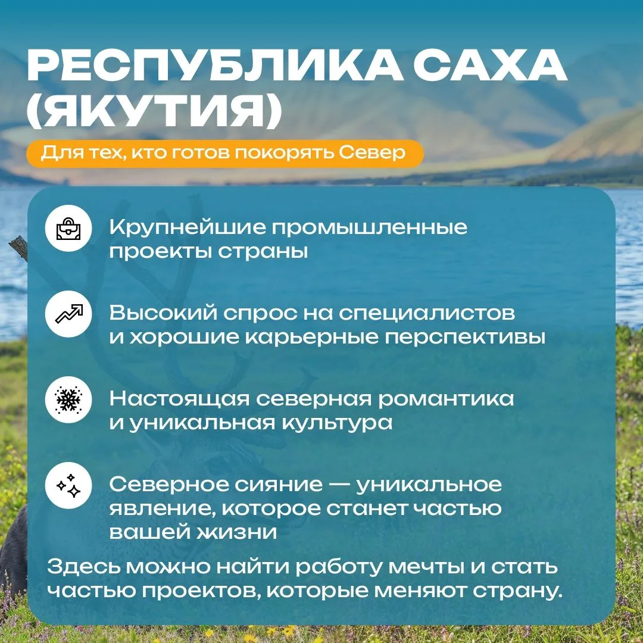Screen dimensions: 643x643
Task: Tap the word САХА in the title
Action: (x=491, y=65)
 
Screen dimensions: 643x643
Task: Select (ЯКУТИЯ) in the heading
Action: (x=154, y=111)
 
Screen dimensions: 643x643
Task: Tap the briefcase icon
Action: (x=68, y=228)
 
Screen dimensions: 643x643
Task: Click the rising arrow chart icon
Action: (x=68, y=314)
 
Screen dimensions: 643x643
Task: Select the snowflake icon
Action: (x=68, y=400)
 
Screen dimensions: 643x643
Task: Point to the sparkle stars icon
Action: (x=68, y=486)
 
